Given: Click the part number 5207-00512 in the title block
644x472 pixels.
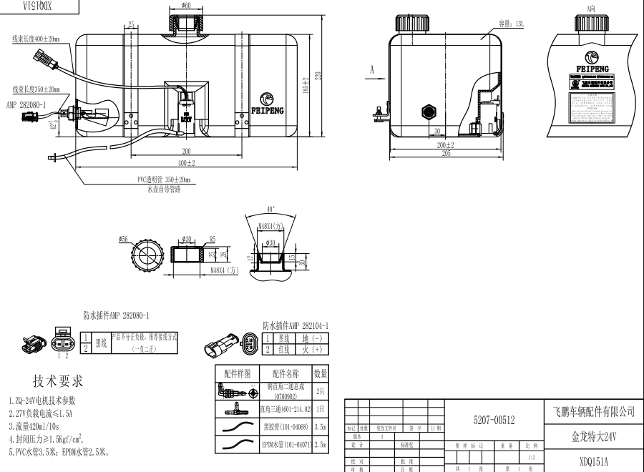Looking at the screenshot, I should [x=494, y=419].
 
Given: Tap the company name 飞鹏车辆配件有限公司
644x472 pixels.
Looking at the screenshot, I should [x=594, y=412].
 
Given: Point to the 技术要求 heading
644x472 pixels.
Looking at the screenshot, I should [x=58, y=380].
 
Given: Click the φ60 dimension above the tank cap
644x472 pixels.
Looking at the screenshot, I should [x=185, y=6].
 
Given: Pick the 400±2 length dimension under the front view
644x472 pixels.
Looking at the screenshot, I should [x=187, y=164].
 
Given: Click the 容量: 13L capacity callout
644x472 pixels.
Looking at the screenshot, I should [x=512, y=23].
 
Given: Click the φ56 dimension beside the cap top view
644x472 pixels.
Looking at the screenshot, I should [x=125, y=240].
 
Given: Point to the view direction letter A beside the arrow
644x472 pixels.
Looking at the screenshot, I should [x=373, y=70].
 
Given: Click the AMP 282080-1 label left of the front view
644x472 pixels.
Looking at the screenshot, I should [x=26, y=104].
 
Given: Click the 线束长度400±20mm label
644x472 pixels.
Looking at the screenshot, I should [x=36, y=39].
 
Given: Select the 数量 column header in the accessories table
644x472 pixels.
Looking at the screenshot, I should [x=321, y=373].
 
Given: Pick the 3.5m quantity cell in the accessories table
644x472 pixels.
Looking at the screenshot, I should [x=321, y=427].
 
